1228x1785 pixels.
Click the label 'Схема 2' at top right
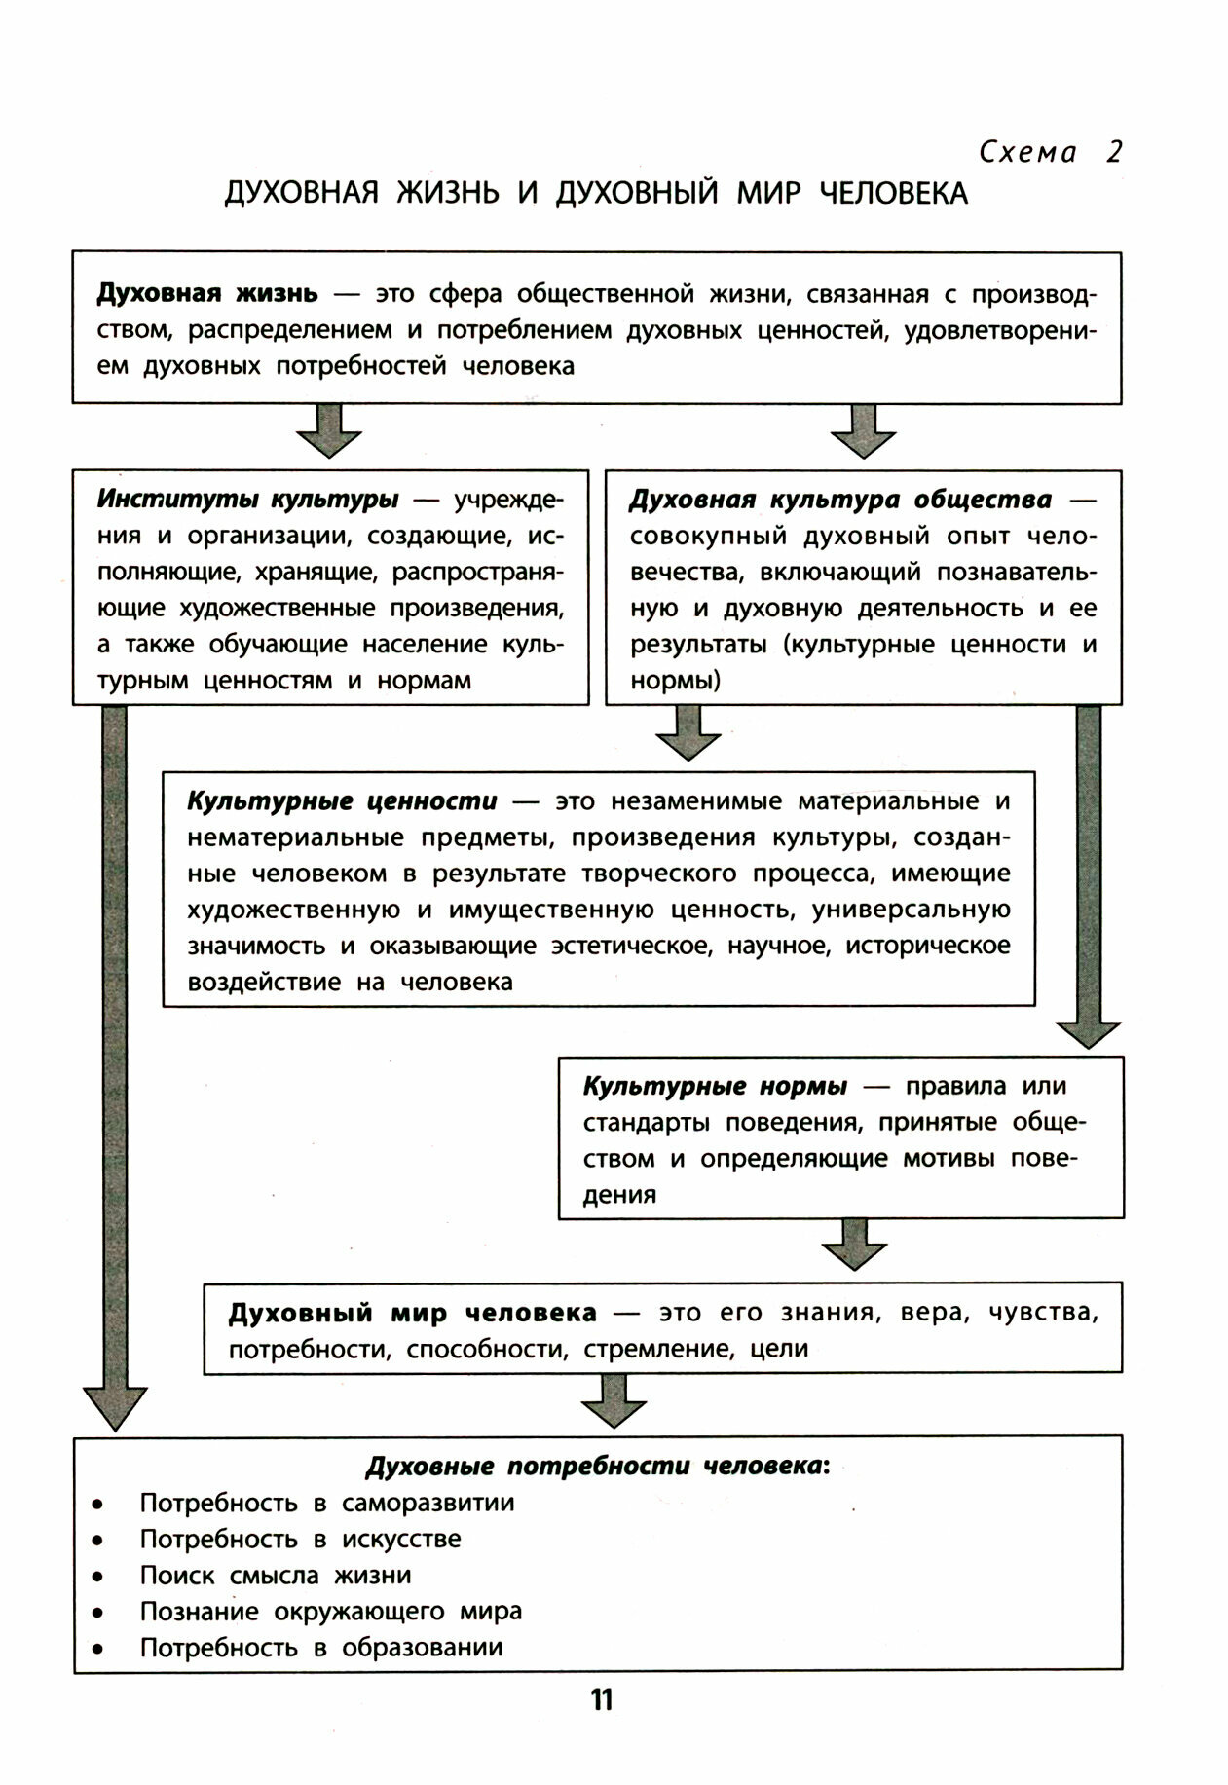[x=1050, y=152]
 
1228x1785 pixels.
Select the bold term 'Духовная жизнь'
[x=206, y=293]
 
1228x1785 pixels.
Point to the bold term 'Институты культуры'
[x=247, y=500]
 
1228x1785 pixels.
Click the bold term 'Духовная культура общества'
[x=839, y=500]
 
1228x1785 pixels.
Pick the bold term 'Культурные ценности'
[x=342, y=801]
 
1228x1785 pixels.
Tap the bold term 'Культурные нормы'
[x=715, y=1086]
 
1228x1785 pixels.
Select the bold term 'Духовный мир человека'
[x=412, y=1313]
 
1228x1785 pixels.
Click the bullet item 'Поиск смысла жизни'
[x=275, y=1576]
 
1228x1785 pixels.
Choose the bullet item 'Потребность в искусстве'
[x=300, y=1539]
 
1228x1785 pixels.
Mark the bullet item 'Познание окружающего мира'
[x=330, y=1612]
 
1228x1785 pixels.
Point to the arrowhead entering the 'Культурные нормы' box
[x=1089, y=1034]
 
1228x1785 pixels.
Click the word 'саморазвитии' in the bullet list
[x=428, y=1503]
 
